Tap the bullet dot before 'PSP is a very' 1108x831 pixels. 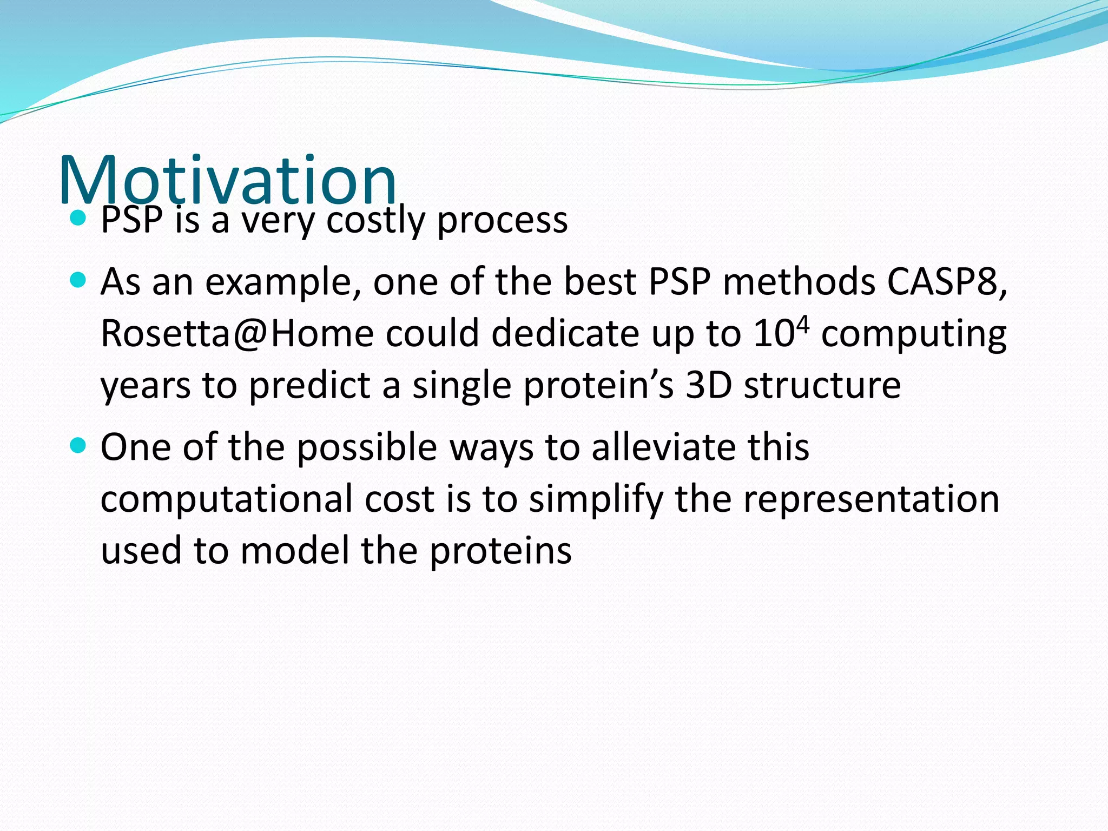point(78,219)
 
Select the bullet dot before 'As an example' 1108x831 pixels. point(78,280)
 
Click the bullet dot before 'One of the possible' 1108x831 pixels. point(78,446)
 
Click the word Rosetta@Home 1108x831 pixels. point(237,334)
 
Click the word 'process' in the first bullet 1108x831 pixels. point(502,221)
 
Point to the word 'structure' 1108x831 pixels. point(822,386)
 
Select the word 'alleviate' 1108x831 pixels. point(662,447)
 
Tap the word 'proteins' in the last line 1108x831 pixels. point(500,551)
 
